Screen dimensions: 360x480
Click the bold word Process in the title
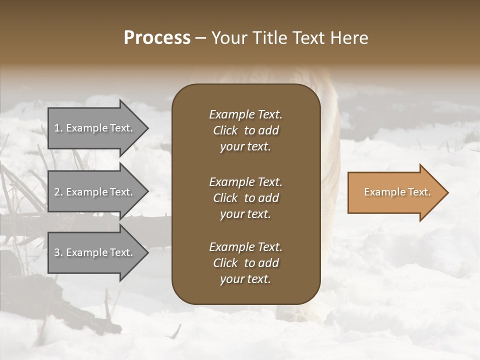tap(157, 38)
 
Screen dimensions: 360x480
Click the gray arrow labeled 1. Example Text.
tap(95, 128)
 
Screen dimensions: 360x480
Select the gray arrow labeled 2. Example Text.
tap(95, 192)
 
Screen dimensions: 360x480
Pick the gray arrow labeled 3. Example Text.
tap(95, 252)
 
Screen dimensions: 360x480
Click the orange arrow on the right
tap(395, 192)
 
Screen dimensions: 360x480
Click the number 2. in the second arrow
tap(58, 192)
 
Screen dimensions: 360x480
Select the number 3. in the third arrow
tap(58, 252)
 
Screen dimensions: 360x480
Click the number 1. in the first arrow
tap(58, 128)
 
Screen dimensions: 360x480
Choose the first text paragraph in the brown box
tap(245, 130)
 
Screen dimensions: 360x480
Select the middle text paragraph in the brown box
tap(245, 198)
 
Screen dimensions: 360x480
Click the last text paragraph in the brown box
tap(245, 263)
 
